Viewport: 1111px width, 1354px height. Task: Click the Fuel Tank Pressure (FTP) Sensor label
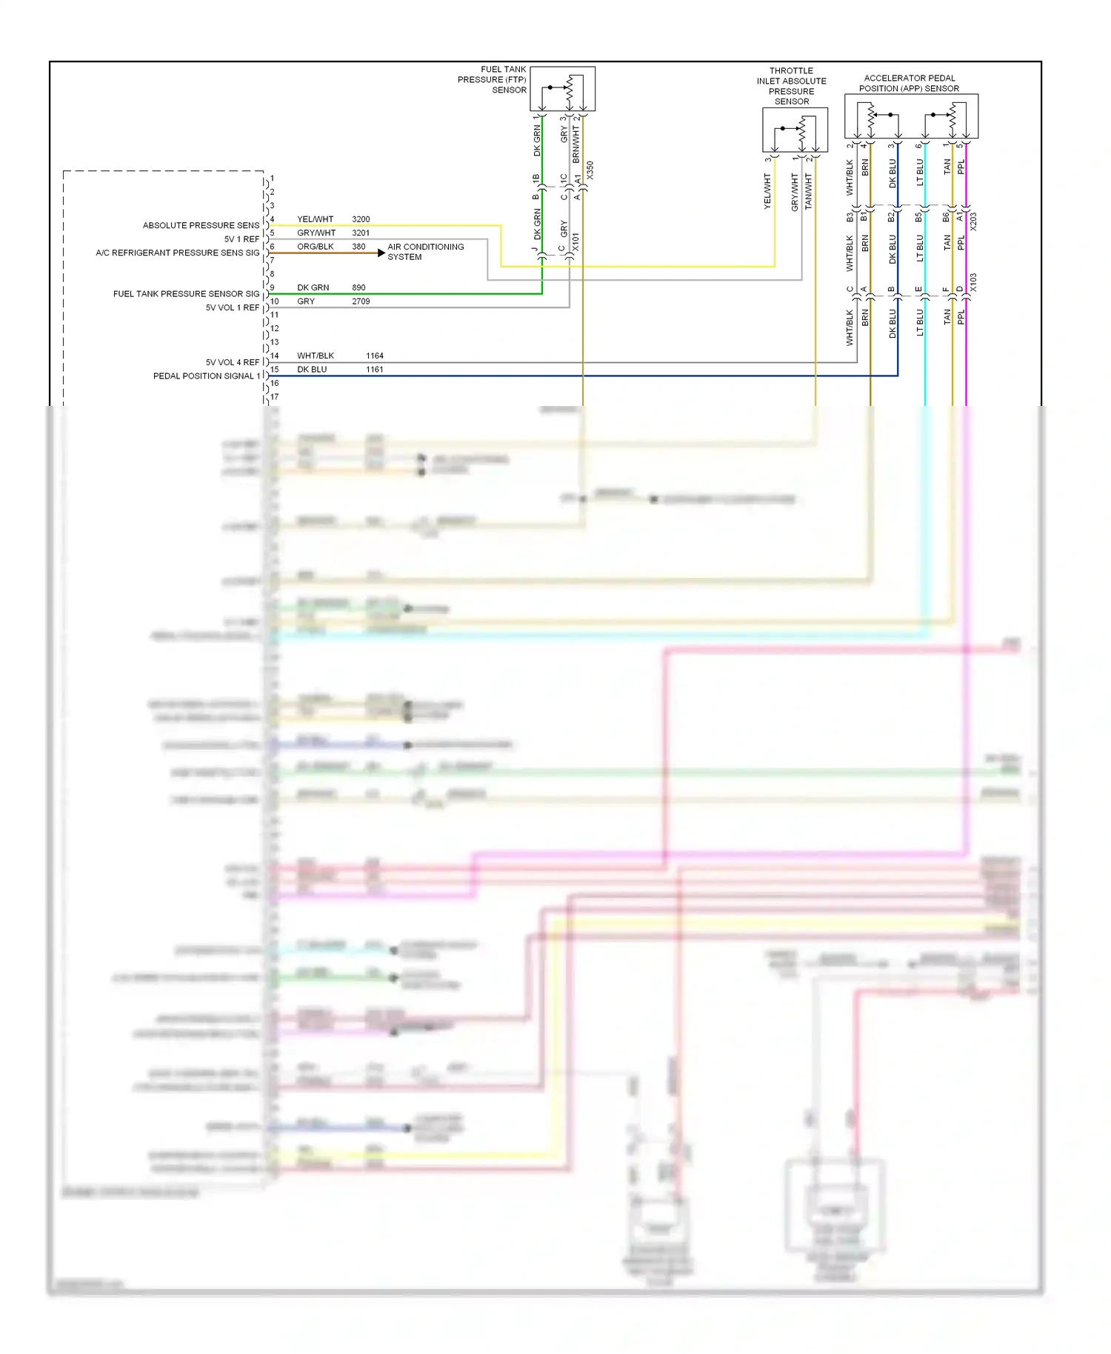click(x=493, y=80)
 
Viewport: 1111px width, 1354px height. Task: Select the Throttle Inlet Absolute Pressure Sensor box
click(x=795, y=130)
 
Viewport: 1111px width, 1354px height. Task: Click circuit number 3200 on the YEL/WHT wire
click(x=361, y=219)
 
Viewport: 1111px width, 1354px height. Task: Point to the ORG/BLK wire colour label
click(x=316, y=247)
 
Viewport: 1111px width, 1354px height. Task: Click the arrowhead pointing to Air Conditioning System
click(x=381, y=253)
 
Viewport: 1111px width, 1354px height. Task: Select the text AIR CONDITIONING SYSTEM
click(x=425, y=252)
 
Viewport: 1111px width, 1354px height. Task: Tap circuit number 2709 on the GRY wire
click(x=361, y=301)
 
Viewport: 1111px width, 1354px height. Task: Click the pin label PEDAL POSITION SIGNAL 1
click(x=207, y=376)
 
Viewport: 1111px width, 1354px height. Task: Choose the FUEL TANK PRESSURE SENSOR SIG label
click(x=186, y=294)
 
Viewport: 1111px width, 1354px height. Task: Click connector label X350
click(x=590, y=170)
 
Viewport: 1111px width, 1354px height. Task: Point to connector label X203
click(x=973, y=221)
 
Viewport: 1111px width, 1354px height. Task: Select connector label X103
click(x=973, y=282)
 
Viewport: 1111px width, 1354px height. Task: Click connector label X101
click(x=575, y=241)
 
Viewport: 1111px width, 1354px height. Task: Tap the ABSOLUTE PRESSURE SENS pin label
click(x=201, y=225)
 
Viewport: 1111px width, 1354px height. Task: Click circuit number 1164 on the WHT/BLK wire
click(x=374, y=356)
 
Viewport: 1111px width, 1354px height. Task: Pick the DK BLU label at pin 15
click(x=312, y=370)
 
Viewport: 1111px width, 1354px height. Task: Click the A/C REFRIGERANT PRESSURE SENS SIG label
click(x=178, y=253)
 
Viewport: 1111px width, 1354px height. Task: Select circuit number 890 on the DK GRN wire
click(x=358, y=287)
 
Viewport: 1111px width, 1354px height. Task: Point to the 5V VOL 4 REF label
click(x=233, y=362)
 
